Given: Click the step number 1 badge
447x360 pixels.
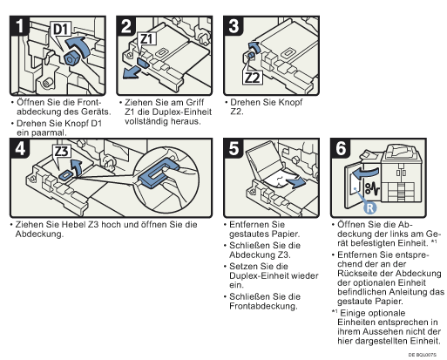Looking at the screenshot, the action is (18, 26).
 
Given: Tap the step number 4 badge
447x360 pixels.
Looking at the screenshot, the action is (19, 148).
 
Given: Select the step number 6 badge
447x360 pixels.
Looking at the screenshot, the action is (341, 148).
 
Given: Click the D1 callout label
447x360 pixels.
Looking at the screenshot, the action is (61, 29).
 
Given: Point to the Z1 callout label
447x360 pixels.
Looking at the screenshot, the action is (147, 38).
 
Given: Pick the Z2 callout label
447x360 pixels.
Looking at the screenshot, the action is (253, 78).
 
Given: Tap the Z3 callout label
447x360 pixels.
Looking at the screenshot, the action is (62, 151).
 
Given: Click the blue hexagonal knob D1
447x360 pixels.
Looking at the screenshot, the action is (71, 58).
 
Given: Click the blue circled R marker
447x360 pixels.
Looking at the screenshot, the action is (369, 208).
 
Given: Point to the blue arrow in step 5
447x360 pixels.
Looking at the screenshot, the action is (295, 183).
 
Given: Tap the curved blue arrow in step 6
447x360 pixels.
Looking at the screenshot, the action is (365, 173).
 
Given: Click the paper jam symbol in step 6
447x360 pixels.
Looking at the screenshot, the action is (372, 188).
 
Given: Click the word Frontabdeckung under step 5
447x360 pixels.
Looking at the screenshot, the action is (263, 306).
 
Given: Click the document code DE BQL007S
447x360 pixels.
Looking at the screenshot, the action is (423, 355).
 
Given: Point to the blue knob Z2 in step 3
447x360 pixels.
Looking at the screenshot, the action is (251, 55).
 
